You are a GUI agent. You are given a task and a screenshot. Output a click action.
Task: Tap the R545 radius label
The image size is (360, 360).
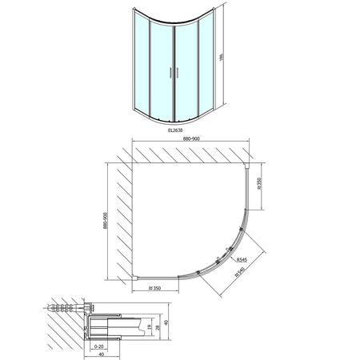click(241, 258)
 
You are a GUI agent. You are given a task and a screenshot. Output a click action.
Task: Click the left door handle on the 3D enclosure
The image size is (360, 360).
click(167, 72)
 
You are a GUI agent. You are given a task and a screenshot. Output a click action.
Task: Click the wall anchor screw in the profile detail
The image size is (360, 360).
click(68, 306)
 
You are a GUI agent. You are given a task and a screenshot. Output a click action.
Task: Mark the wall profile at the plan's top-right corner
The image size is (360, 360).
click(251, 166)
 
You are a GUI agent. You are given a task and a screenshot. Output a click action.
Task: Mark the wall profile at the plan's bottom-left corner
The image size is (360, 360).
click(138, 278)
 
